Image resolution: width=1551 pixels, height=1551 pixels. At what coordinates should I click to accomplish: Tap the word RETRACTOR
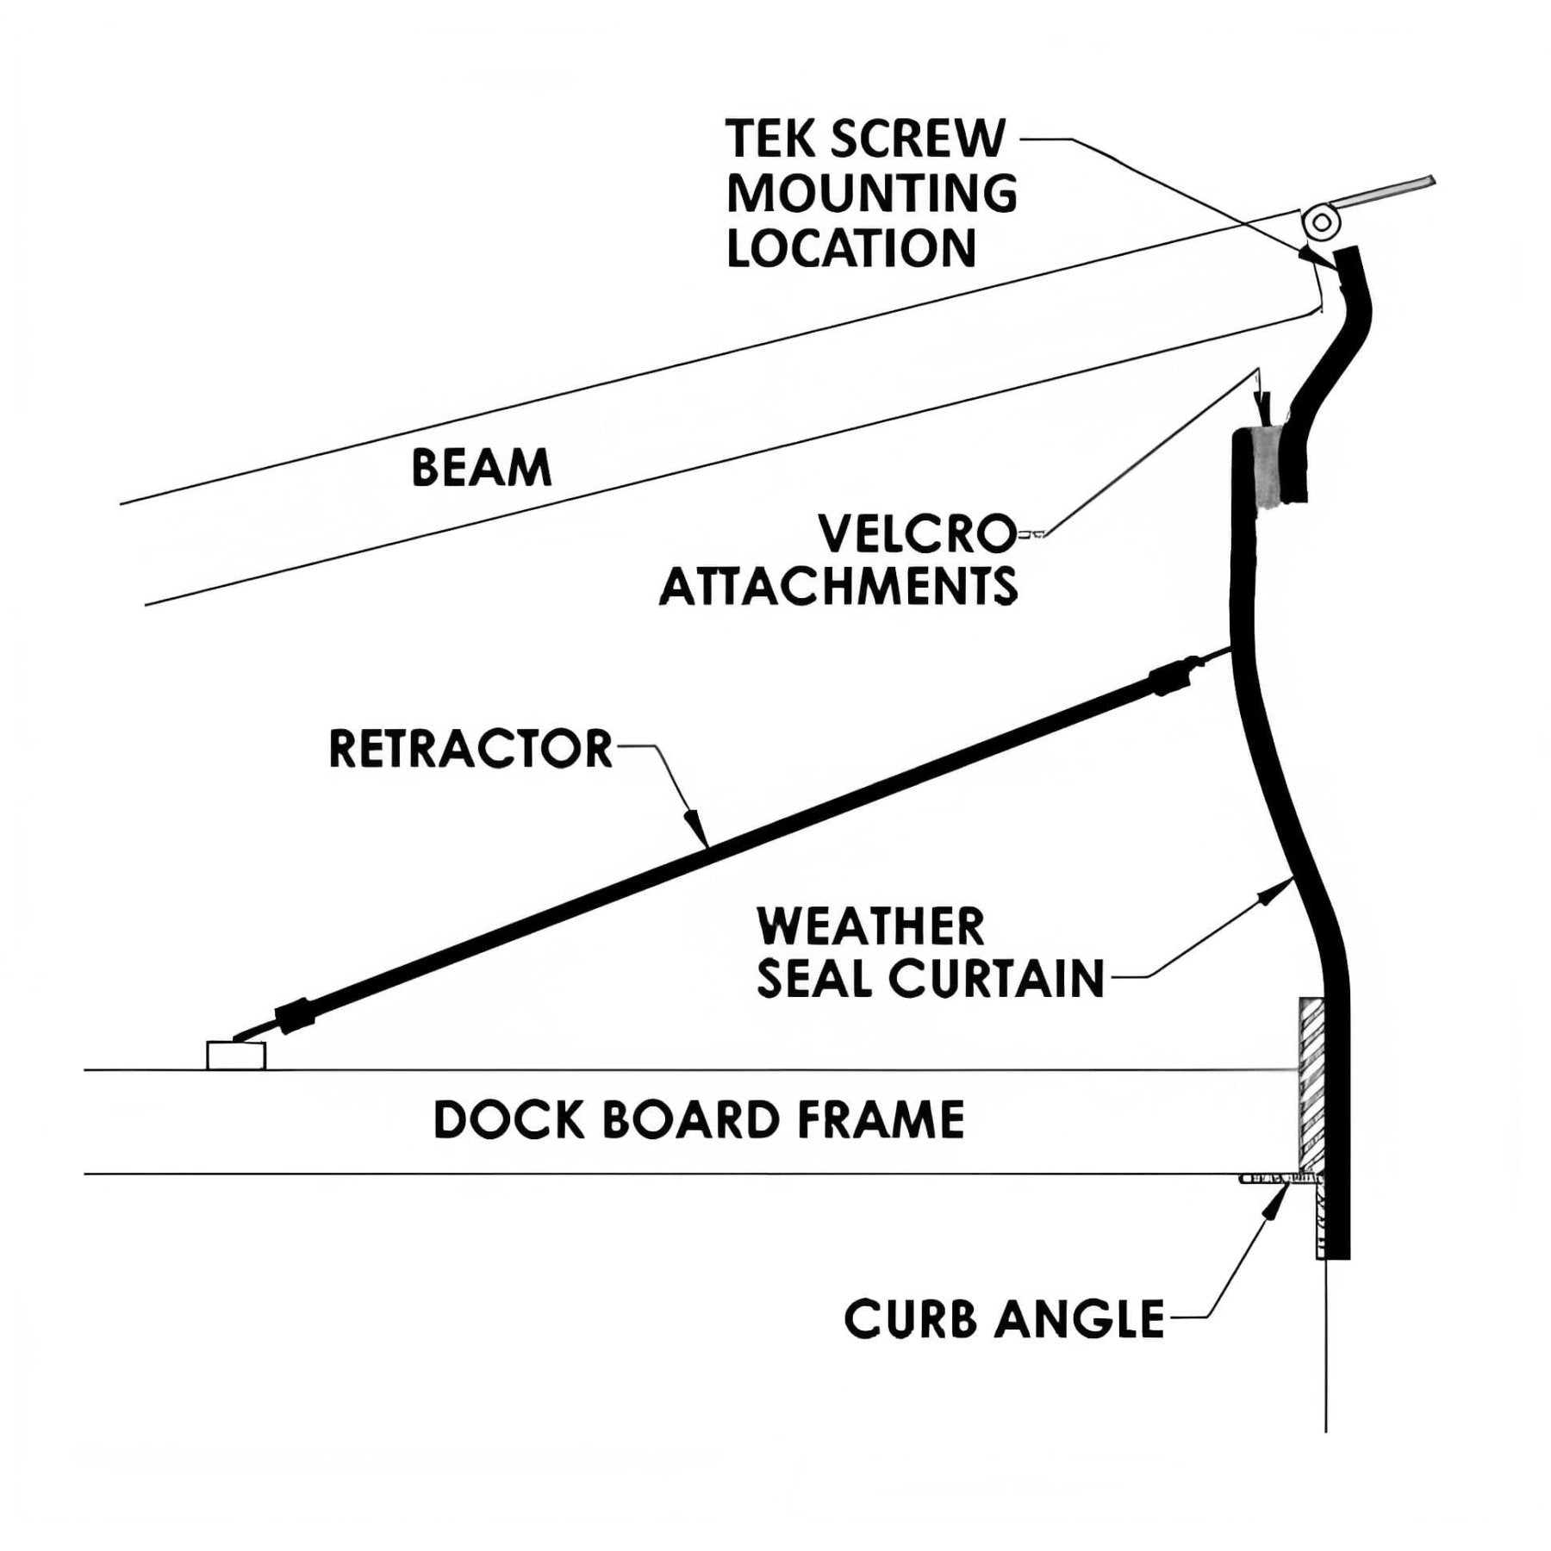point(470,749)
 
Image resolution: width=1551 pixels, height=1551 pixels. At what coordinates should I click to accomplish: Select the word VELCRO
point(917,534)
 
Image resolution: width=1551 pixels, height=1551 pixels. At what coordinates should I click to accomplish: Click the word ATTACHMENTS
point(838,588)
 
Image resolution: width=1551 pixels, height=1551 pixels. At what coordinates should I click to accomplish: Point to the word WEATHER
point(870,927)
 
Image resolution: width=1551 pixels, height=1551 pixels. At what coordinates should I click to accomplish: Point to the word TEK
point(770,139)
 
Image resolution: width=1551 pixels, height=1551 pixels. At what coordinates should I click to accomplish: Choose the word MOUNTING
point(872,194)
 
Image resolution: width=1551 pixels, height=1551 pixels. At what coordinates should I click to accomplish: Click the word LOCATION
point(851,248)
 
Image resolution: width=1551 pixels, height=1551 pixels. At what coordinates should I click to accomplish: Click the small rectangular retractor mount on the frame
point(235,1056)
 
